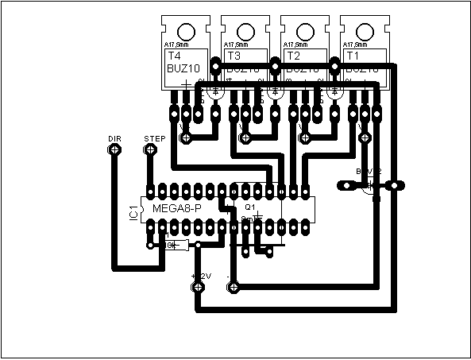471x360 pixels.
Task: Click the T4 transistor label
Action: click(x=173, y=57)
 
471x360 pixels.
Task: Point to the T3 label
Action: click(x=234, y=57)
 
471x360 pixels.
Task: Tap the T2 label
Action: click(x=293, y=57)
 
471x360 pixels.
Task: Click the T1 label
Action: click(x=353, y=57)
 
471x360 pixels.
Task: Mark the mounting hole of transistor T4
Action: click(x=186, y=32)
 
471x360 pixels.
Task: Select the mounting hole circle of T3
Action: click(x=245, y=32)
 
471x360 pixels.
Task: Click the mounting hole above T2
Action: click(x=305, y=32)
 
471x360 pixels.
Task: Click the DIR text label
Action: click(x=114, y=138)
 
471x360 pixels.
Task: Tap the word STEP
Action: click(x=154, y=138)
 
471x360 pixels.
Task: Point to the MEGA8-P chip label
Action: click(x=177, y=208)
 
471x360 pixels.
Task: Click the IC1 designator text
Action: click(x=133, y=211)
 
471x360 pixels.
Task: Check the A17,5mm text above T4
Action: click(x=176, y=45)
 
